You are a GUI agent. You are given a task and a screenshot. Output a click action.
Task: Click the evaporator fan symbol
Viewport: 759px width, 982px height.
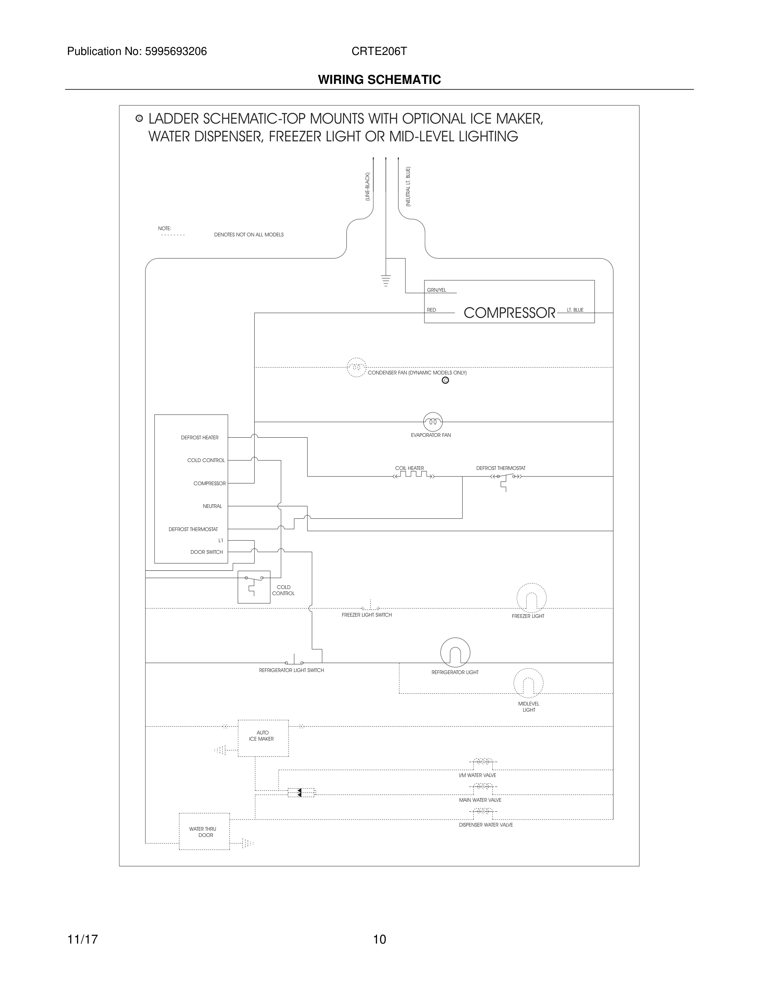click(432, 422)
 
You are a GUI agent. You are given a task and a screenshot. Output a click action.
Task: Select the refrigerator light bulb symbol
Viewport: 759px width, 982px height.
click(455, 653)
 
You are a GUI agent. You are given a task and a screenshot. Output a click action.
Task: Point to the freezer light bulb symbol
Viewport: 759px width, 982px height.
click(531, 598)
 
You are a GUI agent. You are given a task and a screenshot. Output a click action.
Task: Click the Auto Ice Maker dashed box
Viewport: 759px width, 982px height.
click(263, 738)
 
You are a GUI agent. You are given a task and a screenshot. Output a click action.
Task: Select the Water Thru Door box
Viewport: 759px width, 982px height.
click(204, 832)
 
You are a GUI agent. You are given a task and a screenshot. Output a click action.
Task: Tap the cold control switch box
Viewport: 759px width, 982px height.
click(253, 587)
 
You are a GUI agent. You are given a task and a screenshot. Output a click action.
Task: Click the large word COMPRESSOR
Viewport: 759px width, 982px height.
click(509, 313)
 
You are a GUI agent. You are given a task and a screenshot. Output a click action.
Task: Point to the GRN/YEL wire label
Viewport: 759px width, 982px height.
click(436, 291)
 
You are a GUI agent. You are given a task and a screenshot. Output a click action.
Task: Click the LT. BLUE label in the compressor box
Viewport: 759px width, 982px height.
click(575, 310)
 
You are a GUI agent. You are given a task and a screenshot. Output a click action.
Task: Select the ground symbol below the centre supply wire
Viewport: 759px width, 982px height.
click(386, 281)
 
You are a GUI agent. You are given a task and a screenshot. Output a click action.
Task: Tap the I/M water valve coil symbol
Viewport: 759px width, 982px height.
click(481, 762)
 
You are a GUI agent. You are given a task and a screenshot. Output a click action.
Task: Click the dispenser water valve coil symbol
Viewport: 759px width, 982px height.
click(481, 811)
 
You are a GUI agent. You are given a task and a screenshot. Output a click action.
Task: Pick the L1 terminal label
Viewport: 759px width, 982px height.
click(220, 541)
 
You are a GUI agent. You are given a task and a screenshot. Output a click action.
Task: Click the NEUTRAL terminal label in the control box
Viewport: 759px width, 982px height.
click(212, 506)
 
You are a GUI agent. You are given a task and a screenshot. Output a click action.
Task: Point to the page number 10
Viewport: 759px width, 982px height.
click(379, 939)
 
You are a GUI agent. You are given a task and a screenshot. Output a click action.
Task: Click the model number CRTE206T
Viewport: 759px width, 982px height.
click(379, 51)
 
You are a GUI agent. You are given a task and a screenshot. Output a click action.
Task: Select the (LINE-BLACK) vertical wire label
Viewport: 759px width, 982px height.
click(368, 186)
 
